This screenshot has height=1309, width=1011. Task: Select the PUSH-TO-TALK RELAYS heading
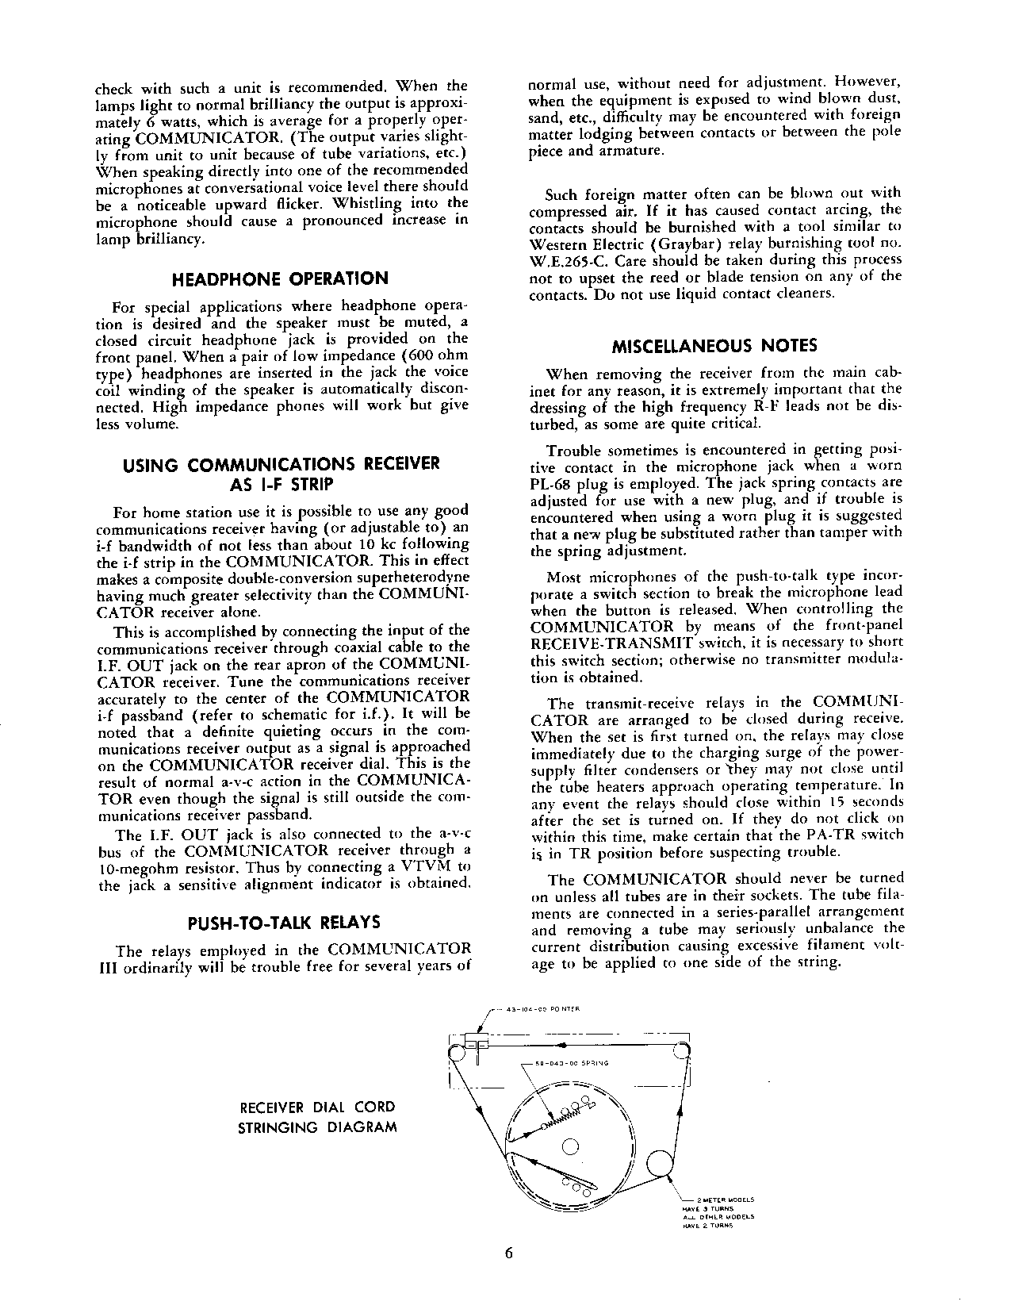(x=282, y=923)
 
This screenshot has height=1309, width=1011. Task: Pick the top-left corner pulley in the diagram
(x=458, y=1052)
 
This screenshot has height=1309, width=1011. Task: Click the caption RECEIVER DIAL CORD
(x=317, y=1107)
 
